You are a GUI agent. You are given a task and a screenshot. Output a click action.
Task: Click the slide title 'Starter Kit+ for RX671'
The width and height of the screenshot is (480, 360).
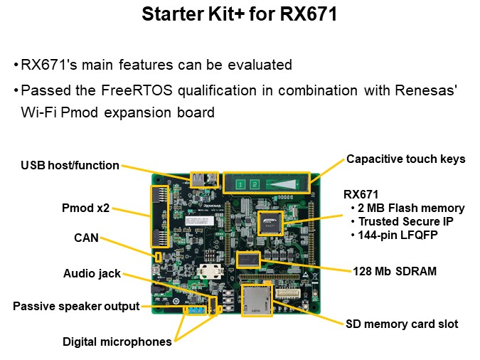pyautogui.click(x=240, y=14)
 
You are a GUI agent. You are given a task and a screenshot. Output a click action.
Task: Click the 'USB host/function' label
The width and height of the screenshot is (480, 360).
pyautogui.click(x=69, y=165)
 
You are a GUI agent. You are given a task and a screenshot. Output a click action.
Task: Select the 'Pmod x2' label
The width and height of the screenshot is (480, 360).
pyautogui.click(x=86, y=209)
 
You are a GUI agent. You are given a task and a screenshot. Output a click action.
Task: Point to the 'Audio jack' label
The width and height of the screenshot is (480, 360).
pyautogui.click(x=92, y=273)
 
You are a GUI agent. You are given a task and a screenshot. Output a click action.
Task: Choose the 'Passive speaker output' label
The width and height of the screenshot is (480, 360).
pyautogui.click(x=76, y=307)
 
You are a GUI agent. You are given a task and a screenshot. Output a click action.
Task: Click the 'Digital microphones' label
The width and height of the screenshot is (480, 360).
pyautogui.click(x=117, y=342)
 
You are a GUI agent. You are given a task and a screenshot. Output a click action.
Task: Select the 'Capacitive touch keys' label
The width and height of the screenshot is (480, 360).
pyautogui.click(x=405, y=159)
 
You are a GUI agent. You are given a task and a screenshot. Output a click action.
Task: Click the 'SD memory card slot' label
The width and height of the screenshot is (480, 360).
pyautogui.click(x=402, y=324)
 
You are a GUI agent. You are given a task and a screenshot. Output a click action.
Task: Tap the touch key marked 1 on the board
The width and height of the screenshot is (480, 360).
pyautogui.click(x=240, y=184)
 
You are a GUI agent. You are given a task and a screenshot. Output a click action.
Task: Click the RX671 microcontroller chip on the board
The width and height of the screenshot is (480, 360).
pyautogui.click(x=270, y=223)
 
